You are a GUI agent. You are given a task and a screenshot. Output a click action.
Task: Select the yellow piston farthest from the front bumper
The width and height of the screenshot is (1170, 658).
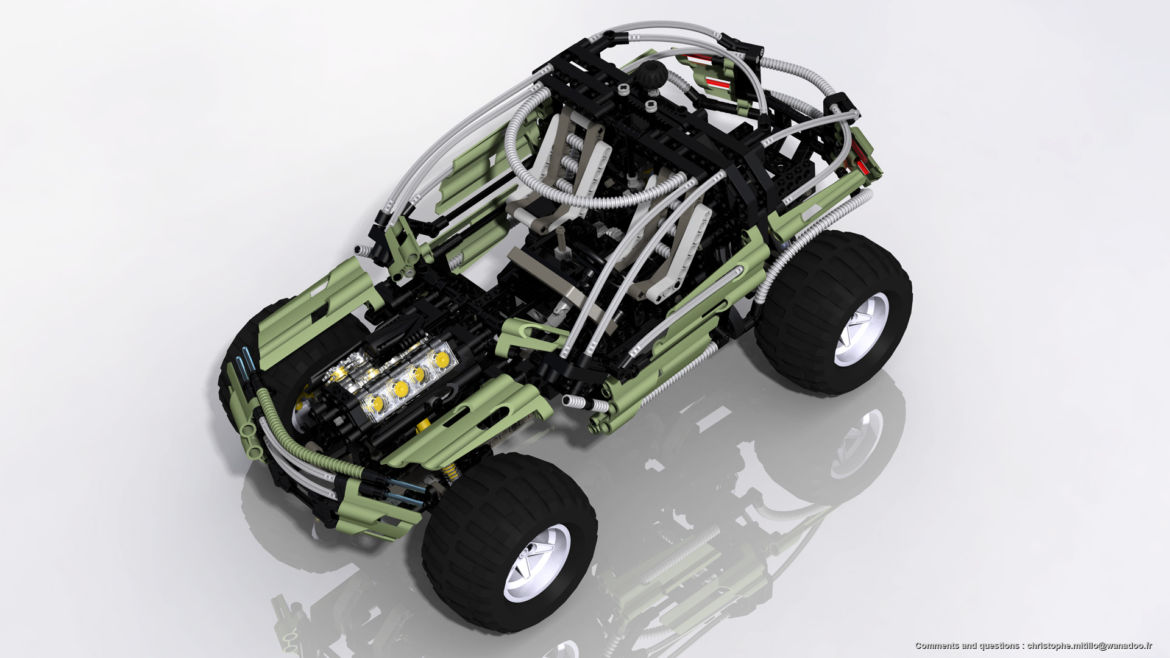coord(440,359)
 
